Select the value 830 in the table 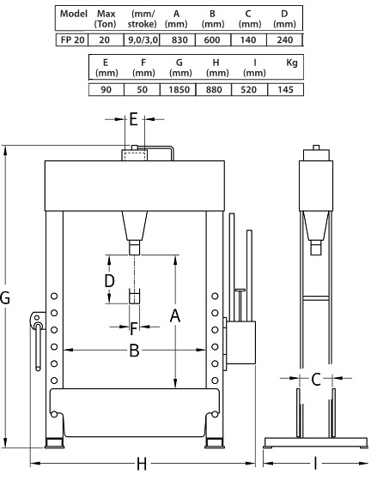click(x=175, y=39)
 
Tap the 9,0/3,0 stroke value click(x=140, y=39)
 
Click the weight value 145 click(x=286, y=88)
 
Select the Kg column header click(x=289, y=63)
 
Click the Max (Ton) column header click(x=106, y=18)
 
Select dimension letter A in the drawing click(x=175, y=316)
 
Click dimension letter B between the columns click(x=134, y=350)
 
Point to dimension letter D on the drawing click(x=110, y=280)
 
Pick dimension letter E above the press click(x=133, y=120)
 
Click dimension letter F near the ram click(x=133, y=327)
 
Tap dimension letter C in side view click(x=316, y=378)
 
